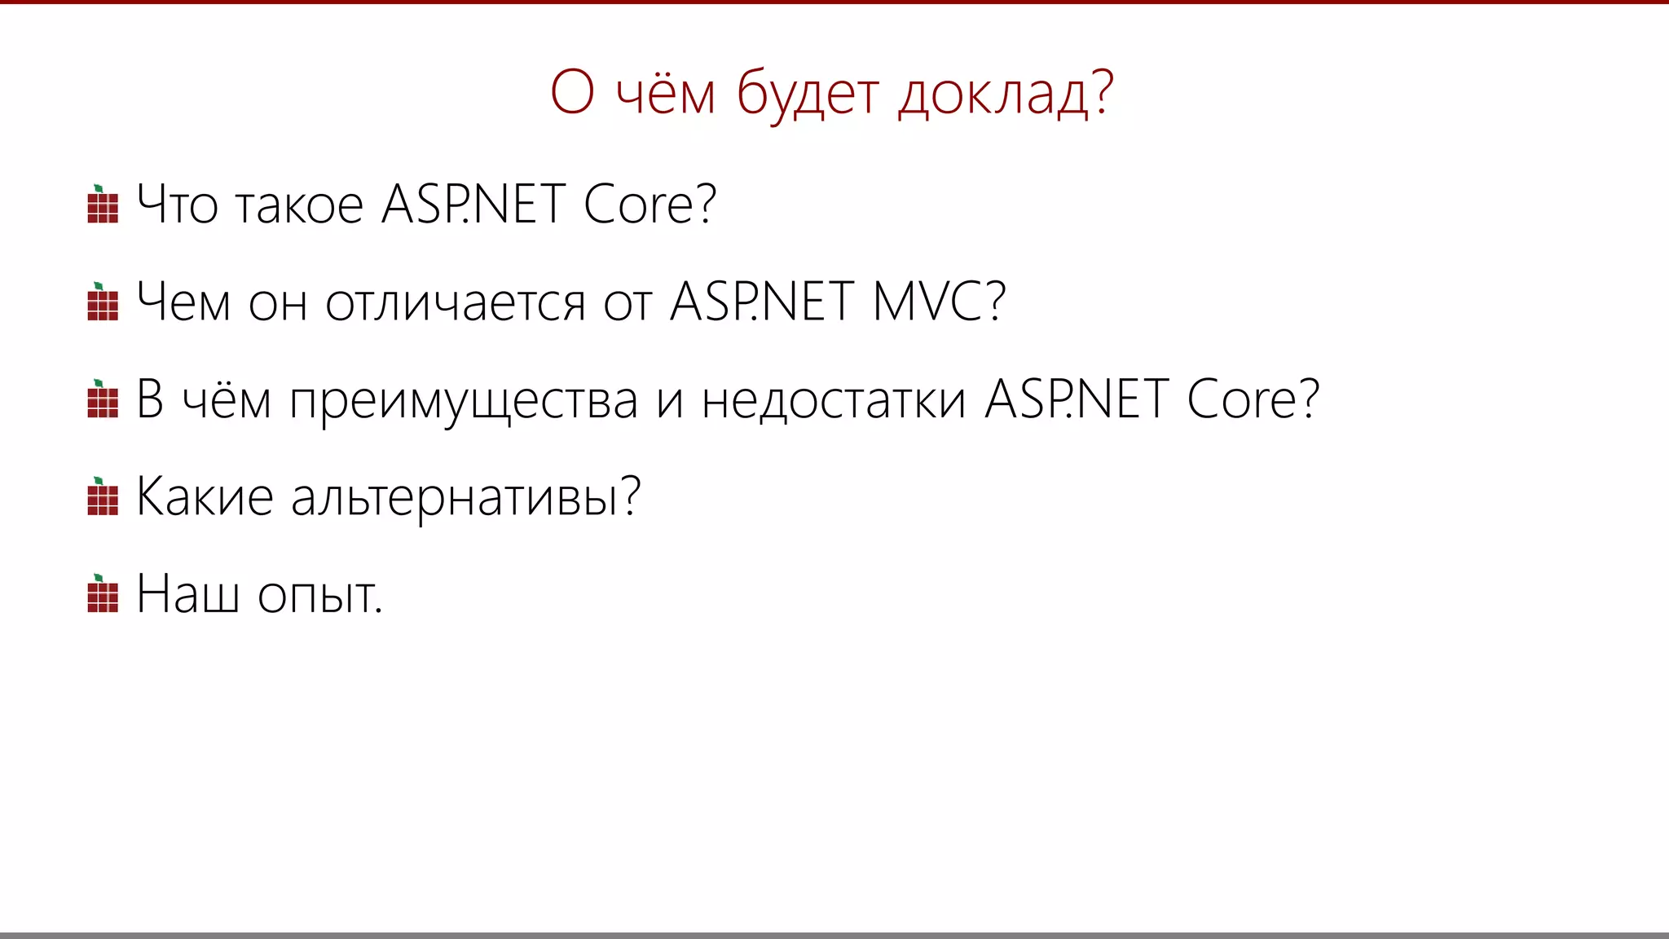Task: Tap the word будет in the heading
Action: point(807,94)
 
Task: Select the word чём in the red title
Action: point(665,94)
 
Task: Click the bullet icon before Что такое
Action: point(103,205)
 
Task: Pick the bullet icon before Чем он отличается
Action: point(103,302)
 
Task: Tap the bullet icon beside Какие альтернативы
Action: point(103,497)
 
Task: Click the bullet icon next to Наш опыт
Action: point(103,594)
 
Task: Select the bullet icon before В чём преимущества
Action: point(103,399)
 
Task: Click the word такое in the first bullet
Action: point(298,205)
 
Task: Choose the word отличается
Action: point(455,302)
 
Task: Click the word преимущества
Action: point(464,401)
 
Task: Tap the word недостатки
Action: point(834,401)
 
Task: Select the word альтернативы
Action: point(465,497)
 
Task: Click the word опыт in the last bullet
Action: point(319,595)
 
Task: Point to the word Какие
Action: point(205,497)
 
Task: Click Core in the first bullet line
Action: point(650,205)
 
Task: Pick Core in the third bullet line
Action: point(1252,399)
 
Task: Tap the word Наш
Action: point(187,594)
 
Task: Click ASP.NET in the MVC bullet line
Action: point(761,302)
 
